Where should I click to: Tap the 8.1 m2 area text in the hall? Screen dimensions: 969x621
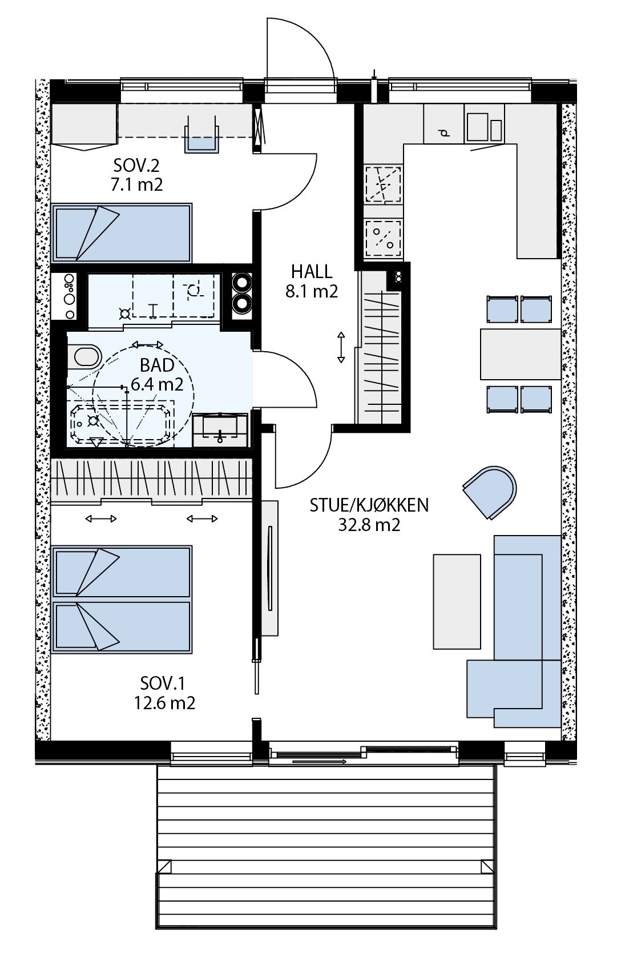[x=311, y=292]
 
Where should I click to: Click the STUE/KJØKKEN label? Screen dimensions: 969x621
[x=369, y=505]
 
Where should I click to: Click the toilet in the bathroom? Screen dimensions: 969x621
[x=83, y=357]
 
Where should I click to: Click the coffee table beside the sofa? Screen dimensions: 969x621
[x=457, y=601]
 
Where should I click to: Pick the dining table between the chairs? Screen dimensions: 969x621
[x=520, y=354]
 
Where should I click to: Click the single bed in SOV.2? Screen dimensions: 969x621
[x=122, y=233]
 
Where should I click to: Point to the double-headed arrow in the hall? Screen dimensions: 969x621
[x=341, y=347]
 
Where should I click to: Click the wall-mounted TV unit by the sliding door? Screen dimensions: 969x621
[x=270, y=568]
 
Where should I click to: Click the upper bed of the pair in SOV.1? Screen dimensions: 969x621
[x=122, y=572]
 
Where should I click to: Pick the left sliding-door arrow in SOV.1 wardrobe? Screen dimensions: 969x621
[x=101, y=518]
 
